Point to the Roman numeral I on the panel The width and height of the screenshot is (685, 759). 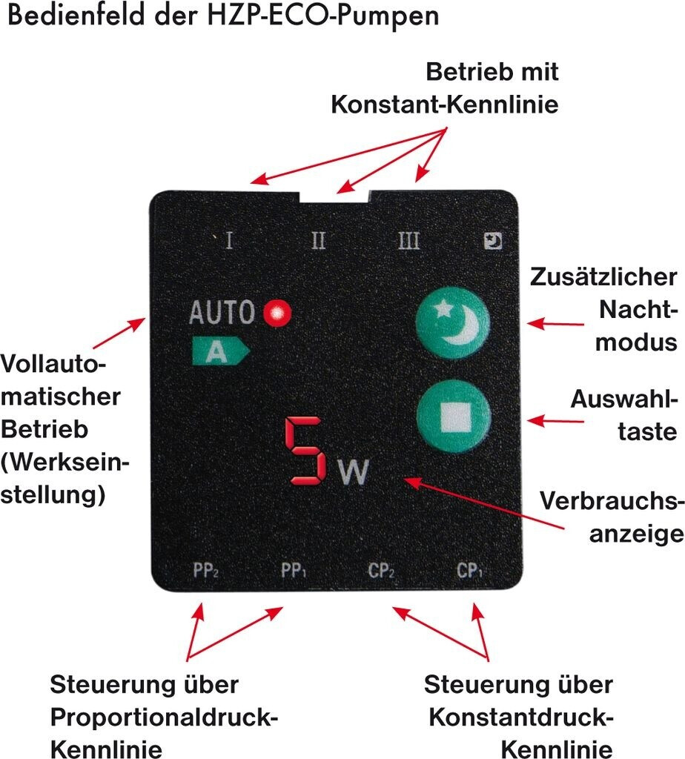click(x=229, y=241)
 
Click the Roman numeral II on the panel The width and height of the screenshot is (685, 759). click(x=319, y=241)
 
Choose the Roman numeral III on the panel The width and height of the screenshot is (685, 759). click(x=408, y=241)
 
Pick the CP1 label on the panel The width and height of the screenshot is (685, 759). click(x=470, y=571)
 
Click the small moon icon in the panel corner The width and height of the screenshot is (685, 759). click(x=492, y=240)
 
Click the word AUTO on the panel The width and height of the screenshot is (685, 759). click(x=222, y=314)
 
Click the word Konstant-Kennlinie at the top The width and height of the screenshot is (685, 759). click(x=444, y=105)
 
